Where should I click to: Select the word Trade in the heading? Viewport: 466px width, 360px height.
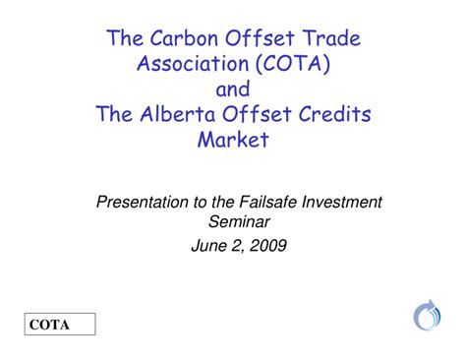pyautogui.click(x=327, y=39)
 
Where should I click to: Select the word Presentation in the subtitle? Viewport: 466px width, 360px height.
pyautogui.click(x=143, y=202)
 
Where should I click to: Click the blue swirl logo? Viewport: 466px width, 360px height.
pyautogui.click(x=428, y=316)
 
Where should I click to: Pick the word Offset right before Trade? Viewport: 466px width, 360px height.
pyautogui.click(x=255, y=39)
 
